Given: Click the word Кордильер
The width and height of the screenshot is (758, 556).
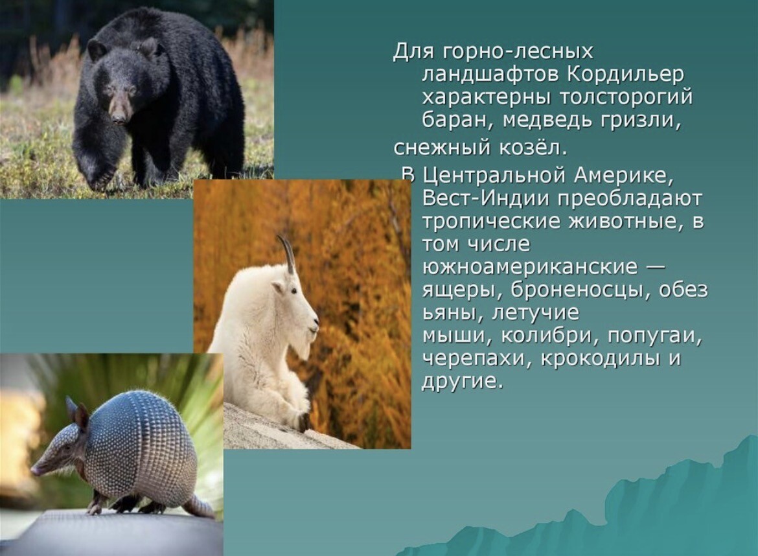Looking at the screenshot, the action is [x=626, y=75].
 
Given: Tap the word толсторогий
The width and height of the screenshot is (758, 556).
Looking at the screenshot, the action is [x=626, y=98].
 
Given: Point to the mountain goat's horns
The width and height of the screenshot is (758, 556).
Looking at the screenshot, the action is [x=286, y=253].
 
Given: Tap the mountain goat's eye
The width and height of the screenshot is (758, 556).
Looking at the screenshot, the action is [x=294, y=291].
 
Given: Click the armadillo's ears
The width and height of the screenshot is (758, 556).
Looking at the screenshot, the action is [x=77, y=413].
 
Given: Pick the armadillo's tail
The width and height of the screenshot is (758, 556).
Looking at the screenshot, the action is [x=198, y=506].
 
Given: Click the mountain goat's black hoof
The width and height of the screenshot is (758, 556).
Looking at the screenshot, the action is [x=304, y=422].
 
